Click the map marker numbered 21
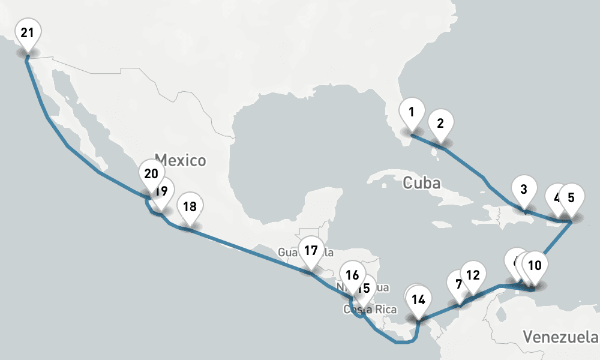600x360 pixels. (27, 33)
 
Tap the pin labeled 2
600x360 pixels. (440, 124)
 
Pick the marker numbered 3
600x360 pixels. (524, 190)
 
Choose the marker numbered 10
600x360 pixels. (535, 265)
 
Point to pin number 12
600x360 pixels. (473, 275)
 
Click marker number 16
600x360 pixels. (353, 275)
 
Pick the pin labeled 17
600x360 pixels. (310, 251)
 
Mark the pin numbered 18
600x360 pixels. (190, 207)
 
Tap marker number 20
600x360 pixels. (151, 174)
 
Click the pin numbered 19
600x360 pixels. (160, 192)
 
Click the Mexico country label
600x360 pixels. (180, 161)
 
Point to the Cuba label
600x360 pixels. (422, 182)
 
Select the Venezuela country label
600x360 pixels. (560, 335)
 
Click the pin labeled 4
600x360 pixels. (556, 198)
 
